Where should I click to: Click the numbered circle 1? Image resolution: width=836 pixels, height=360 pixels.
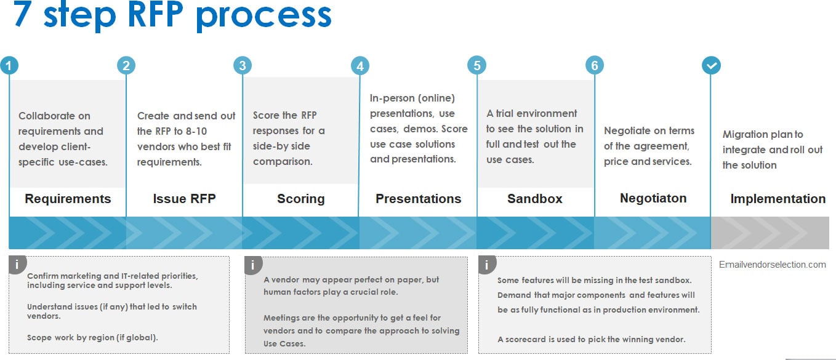(x=9, y=66)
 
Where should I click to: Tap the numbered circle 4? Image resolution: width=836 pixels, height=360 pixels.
(x=360, y=66)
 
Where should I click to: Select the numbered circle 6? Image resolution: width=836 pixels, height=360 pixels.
(x=595, y=65)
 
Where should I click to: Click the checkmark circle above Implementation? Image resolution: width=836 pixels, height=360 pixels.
(x=712, y=65)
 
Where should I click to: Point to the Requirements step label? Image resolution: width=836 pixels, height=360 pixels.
(x=68, y=199)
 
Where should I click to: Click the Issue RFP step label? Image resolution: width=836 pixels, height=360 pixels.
(x=184, y=199)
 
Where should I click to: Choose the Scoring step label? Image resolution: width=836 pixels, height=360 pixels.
(x=301, y=199)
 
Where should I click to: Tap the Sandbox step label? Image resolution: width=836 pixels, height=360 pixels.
(x=535, y=199)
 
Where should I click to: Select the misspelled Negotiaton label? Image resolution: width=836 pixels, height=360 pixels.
(x=653, y=198)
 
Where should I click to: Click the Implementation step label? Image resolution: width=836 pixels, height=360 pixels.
(x=778, y=199)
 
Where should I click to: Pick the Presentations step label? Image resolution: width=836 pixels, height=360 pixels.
(x=419, y=199)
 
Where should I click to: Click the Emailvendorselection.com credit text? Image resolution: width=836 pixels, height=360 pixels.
(x=772, y=265)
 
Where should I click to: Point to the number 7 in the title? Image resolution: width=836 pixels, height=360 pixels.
(x=22, y=14)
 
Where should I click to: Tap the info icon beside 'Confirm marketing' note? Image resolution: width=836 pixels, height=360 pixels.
(x=17, y=265)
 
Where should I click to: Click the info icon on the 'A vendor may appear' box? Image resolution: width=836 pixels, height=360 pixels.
(x=253, y=265)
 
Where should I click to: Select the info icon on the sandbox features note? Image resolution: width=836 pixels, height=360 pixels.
(x=487, y=265)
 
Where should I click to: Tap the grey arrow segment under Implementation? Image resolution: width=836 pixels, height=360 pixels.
(x=770, y=233)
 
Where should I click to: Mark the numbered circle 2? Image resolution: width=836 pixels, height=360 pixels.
(x=126, y=65)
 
